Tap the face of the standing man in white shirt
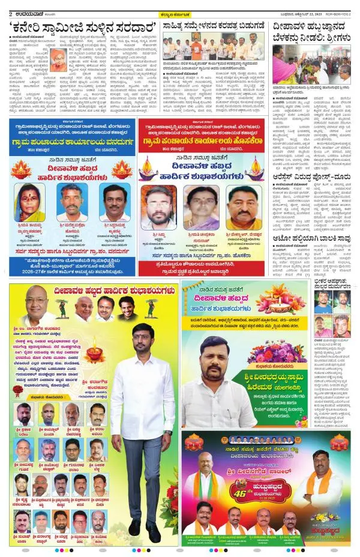coord(142,339)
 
